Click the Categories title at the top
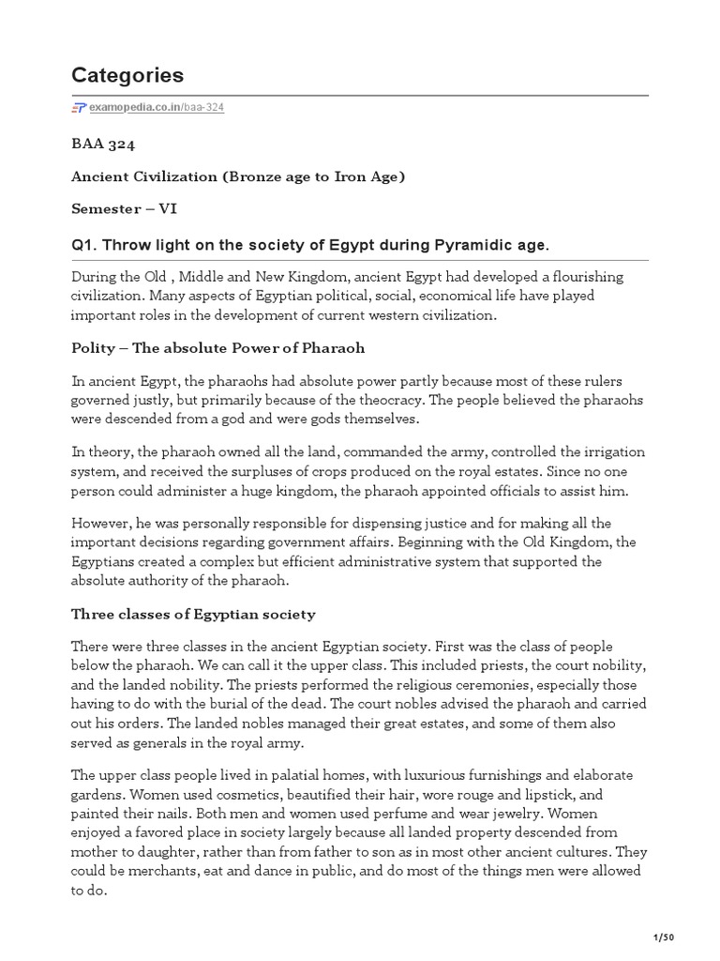coord(127,75)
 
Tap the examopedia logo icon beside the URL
coord(79,108)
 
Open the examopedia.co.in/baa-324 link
coord(157,108)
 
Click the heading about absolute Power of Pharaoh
coord(218,348)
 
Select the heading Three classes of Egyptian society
coord(194,615)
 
